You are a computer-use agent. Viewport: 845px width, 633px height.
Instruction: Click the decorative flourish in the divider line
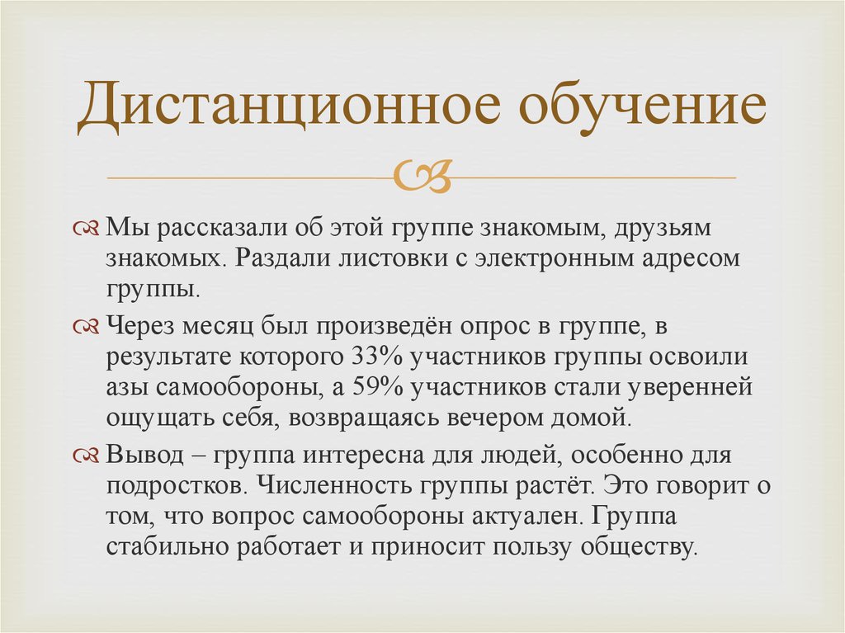coord(423,176)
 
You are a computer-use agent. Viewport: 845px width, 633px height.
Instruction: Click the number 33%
coord(366,360)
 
